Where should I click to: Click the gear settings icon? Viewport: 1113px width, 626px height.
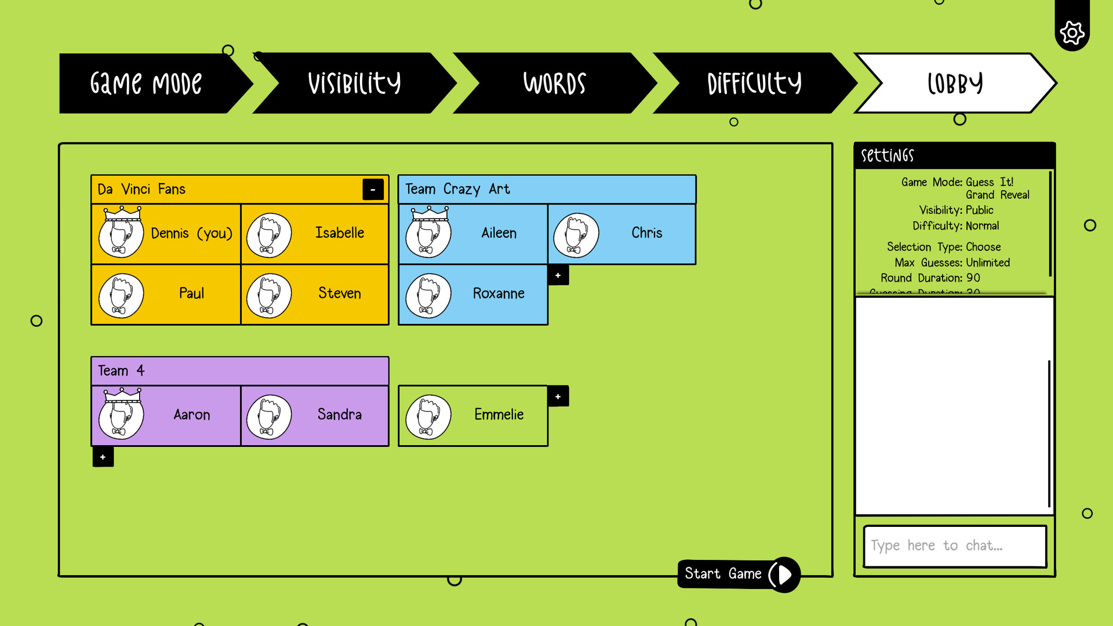(1072, 32)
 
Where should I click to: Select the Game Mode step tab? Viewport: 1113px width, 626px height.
(146, 83)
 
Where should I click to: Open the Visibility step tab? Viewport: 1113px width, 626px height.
(354, 83)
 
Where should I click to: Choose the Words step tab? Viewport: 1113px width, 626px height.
(554, 83)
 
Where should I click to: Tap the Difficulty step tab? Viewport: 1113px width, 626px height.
(754, 83)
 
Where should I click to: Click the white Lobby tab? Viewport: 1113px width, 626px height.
(955, 83)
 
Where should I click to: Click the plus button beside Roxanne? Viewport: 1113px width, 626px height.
(558, 275)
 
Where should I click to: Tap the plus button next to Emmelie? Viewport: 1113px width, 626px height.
(558, 396)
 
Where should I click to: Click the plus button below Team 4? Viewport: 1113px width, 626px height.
(103, 457)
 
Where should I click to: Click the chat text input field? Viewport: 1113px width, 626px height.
(954, 546)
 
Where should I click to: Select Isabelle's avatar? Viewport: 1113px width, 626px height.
(269, 235)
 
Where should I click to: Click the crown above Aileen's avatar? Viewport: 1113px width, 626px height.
(430, 213)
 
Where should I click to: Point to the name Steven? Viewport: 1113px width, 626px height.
(339, 293)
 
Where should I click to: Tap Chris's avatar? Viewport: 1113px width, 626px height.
(576, 235)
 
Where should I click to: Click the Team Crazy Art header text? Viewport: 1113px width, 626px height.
(457, 190)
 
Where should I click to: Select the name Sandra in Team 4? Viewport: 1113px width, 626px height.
(339, 414)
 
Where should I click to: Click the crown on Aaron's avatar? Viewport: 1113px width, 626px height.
(122, 395)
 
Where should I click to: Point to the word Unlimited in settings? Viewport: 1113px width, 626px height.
(988, 263)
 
